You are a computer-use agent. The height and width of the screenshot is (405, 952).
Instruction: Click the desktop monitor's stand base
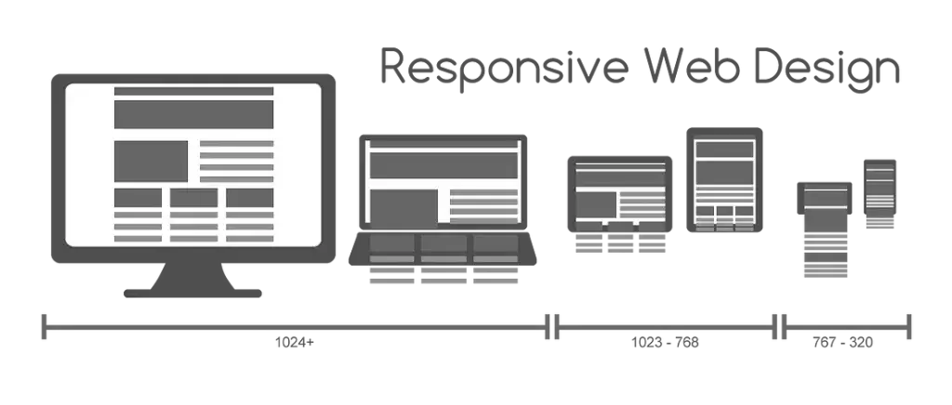193,294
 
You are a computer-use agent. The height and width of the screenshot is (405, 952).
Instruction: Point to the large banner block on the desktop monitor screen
193,114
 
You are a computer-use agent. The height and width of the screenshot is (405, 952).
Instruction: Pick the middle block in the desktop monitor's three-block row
193,197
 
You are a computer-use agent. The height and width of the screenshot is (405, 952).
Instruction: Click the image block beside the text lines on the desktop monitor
151,161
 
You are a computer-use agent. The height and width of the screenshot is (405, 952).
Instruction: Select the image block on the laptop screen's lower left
403,207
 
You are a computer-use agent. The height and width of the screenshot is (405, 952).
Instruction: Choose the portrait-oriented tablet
724,182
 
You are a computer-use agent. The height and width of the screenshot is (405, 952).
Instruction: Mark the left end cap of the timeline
43,325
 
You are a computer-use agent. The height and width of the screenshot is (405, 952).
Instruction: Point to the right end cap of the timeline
909,325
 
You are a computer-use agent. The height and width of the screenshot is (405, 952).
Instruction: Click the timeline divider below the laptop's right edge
552,325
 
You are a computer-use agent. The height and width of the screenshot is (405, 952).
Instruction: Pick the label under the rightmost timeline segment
841,343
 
